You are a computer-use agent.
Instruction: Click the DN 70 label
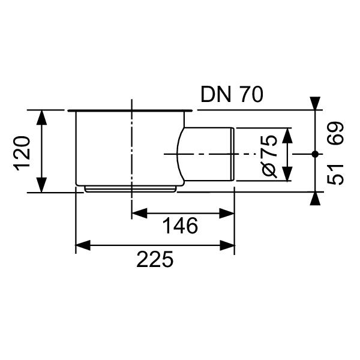[x=232, y=95]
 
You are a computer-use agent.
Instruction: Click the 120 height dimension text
[x=22, y=152]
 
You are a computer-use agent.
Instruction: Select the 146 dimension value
[x=181, y=226]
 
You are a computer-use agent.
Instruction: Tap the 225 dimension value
[x=155, y=260]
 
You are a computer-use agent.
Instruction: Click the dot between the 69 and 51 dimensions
[x=314, y=154]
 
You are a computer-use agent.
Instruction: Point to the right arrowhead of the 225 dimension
[x=227, y=245]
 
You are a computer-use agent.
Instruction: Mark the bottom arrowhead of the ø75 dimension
[x=287, y=175]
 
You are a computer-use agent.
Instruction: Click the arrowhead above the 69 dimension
[x=314, y=103]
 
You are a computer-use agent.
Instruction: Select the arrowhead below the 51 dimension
[x=314, y=199]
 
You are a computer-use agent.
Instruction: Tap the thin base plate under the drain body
[x=131, y=188]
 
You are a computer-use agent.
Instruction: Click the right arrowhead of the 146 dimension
[x=227, y=212]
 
